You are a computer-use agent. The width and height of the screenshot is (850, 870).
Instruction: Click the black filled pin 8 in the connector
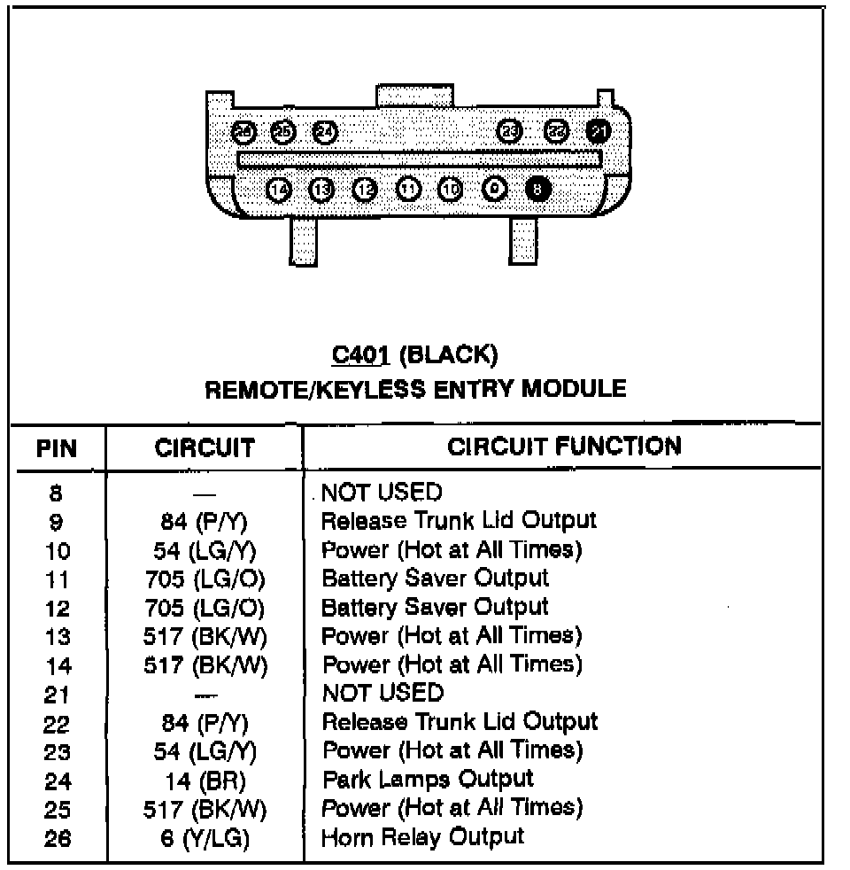click(537, 190)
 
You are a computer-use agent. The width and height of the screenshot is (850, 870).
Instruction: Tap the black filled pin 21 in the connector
click(599, 131)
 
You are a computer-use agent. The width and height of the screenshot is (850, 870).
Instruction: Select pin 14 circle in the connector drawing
click(278, 190)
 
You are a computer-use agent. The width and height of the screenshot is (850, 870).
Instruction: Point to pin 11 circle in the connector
click(407, 190)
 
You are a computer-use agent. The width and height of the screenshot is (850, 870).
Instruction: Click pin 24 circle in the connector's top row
click(325, 132)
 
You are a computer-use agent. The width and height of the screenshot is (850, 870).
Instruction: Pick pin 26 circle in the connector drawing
click(243, 132)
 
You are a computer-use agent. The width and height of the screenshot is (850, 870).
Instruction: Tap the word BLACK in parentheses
click(448, 355)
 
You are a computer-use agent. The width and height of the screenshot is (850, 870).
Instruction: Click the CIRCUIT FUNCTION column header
click(565, 447)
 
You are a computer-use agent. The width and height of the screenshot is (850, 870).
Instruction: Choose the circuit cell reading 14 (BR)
click(204, 781)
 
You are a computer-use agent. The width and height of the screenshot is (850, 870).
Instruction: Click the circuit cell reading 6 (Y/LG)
click(204, 837)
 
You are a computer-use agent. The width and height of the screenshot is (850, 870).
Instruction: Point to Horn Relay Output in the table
click(422, 835)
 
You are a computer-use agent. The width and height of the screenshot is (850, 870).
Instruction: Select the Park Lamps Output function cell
click(428, 780)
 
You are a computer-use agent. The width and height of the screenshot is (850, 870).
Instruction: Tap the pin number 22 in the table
click(57, 724)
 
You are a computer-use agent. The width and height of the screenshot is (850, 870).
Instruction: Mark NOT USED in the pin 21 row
click(382, 692)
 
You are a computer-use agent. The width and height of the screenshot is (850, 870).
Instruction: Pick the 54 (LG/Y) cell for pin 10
click(204, 551)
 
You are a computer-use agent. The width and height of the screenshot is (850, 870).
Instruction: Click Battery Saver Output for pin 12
click(435, 607)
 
